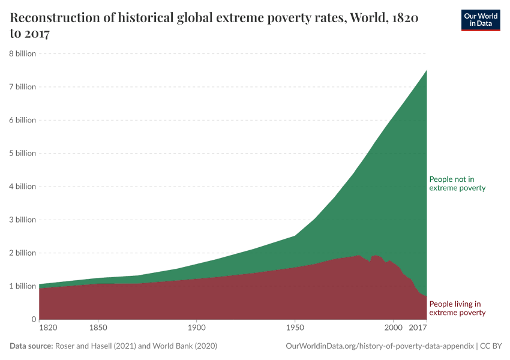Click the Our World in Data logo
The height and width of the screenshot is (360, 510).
click(480, 20)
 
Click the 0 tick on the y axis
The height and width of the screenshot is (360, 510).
click(34, 319)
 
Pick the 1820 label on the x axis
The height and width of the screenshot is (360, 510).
click(48, 329)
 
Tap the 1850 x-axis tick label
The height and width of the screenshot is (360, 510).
click(98, 329)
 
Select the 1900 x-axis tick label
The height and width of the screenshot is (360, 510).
click(196, 329)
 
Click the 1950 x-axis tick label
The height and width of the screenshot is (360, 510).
click(294, 329)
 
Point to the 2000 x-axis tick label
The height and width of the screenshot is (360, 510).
click(393, 329)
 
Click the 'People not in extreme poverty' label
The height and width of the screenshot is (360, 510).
click(457, 184)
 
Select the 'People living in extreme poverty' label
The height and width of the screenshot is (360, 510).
click(457, 308)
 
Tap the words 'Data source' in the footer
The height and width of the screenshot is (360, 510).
click(31, 346)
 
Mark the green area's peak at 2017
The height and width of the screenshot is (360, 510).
click(426, 70)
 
